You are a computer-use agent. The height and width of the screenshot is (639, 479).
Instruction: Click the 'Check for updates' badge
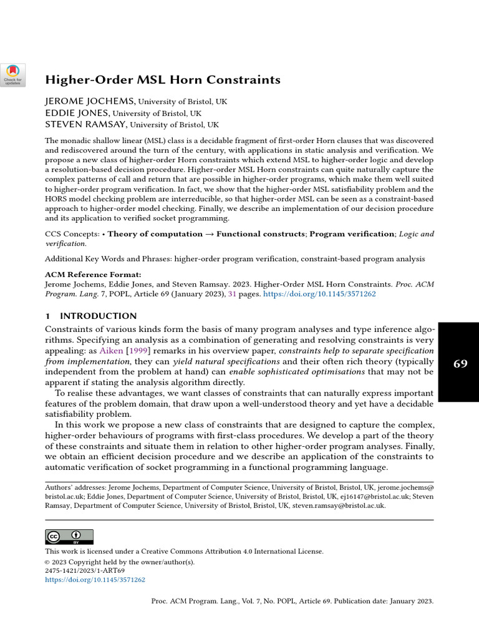13,74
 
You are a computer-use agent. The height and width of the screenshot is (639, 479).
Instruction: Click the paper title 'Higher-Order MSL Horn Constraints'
162,80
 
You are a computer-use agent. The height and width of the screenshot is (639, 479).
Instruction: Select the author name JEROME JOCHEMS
90,101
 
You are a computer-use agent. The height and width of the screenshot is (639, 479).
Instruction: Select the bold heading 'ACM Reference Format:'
93,274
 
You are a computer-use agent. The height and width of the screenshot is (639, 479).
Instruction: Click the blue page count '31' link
232,293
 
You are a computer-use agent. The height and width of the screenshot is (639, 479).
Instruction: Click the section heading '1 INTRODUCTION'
91,316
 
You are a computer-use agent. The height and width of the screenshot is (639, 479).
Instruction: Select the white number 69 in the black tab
460,363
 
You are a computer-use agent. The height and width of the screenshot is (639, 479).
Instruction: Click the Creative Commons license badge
69,537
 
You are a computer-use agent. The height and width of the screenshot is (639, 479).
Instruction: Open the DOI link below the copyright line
95,580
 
